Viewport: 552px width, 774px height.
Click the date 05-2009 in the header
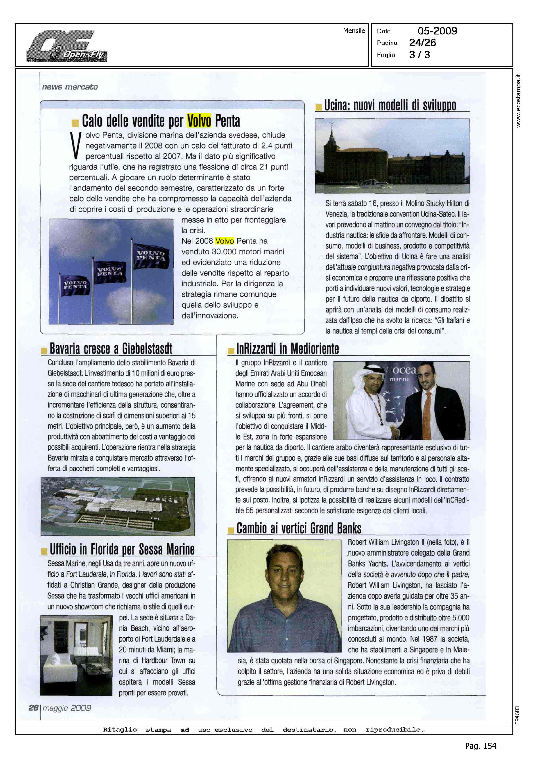point(437,31)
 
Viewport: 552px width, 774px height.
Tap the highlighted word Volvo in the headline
point(199,121)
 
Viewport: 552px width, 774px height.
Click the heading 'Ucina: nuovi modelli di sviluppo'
point(390,105)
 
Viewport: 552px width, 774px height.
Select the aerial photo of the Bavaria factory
point(118,506)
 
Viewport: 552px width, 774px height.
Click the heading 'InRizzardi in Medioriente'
point(287,349)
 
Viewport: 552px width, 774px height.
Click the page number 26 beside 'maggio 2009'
point(33,708)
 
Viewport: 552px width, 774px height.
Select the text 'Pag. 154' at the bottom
point(480,746)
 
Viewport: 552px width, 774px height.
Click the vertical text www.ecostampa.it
point(518,101)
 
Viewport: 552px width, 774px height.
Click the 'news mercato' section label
point(70,87)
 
